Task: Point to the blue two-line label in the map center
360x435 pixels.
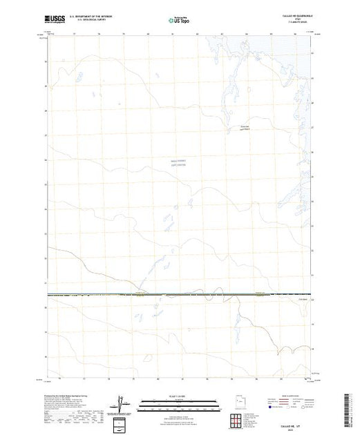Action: (x=178, y=164)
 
